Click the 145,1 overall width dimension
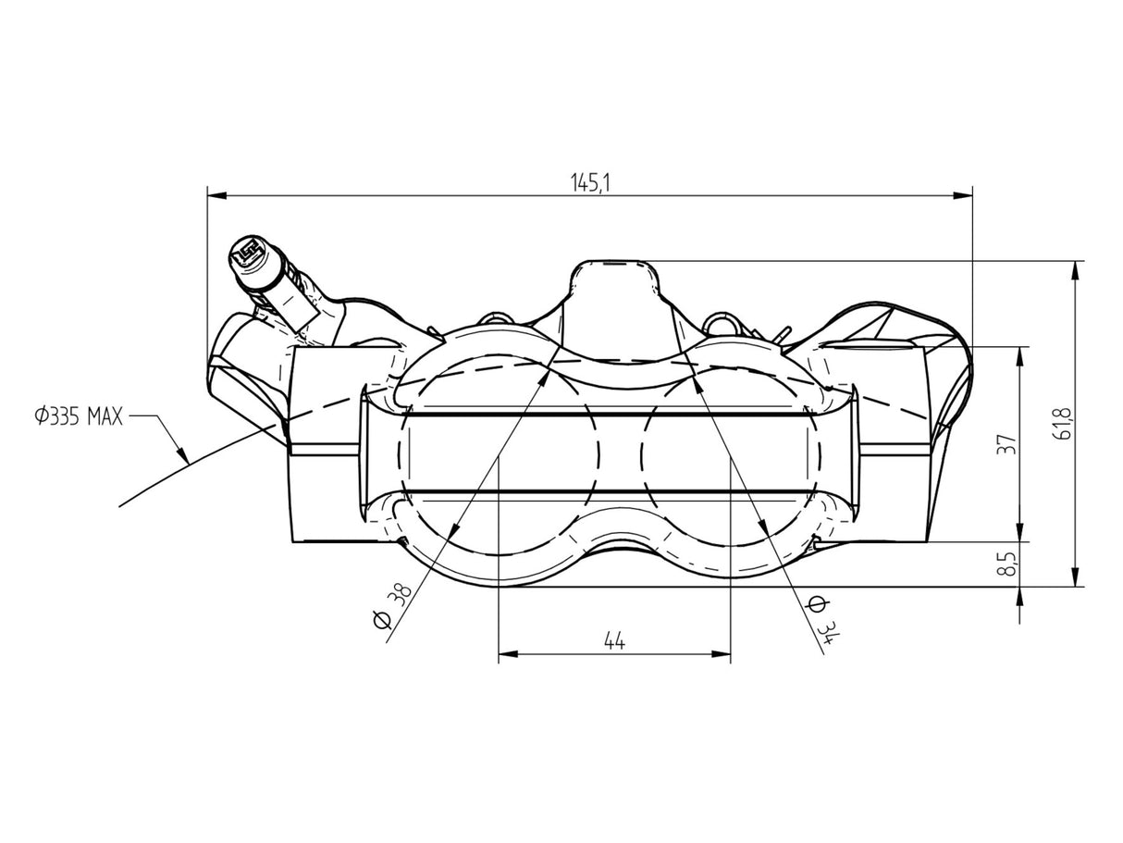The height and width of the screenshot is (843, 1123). coord(590,182)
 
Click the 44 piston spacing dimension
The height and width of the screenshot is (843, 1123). coord(614,640)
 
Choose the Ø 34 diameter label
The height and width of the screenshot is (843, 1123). coord(823,619)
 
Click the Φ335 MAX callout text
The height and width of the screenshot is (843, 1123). coord(79,416)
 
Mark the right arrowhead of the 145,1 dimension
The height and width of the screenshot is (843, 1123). coord(963,195)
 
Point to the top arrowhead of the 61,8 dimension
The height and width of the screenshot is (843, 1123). coord(1076,271)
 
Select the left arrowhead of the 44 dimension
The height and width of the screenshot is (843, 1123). coord(509,654)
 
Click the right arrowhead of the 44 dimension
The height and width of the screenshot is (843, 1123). coord(721,654)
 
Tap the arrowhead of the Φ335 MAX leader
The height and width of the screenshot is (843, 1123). coord(181,454)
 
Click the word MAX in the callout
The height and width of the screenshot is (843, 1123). coord(105,416)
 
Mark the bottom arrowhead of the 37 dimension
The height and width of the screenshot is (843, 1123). coord(1020,532)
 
